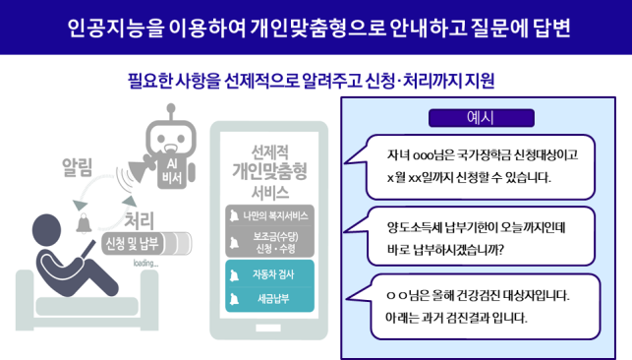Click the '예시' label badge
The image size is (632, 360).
click(482, 118)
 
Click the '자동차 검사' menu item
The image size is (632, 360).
click(269, 274)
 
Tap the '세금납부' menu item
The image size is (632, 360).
click(269, 299)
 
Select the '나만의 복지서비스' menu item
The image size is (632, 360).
click(269, 215)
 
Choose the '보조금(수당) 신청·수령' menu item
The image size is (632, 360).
click(269, 242)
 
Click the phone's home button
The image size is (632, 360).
click(268, 328)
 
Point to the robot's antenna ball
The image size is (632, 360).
click(171, 107)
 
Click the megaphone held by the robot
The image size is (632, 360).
click(142, 168)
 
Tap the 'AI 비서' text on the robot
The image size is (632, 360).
click(172, 171)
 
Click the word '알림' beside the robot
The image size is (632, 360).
click(77, 167)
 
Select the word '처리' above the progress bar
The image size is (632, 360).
click(139, 220)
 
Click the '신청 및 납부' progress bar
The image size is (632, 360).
click(146, 244)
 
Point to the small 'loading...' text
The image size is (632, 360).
click(145, 264)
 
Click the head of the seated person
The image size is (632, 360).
click(47, 229)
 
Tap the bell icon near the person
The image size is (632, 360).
click(84, 223)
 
